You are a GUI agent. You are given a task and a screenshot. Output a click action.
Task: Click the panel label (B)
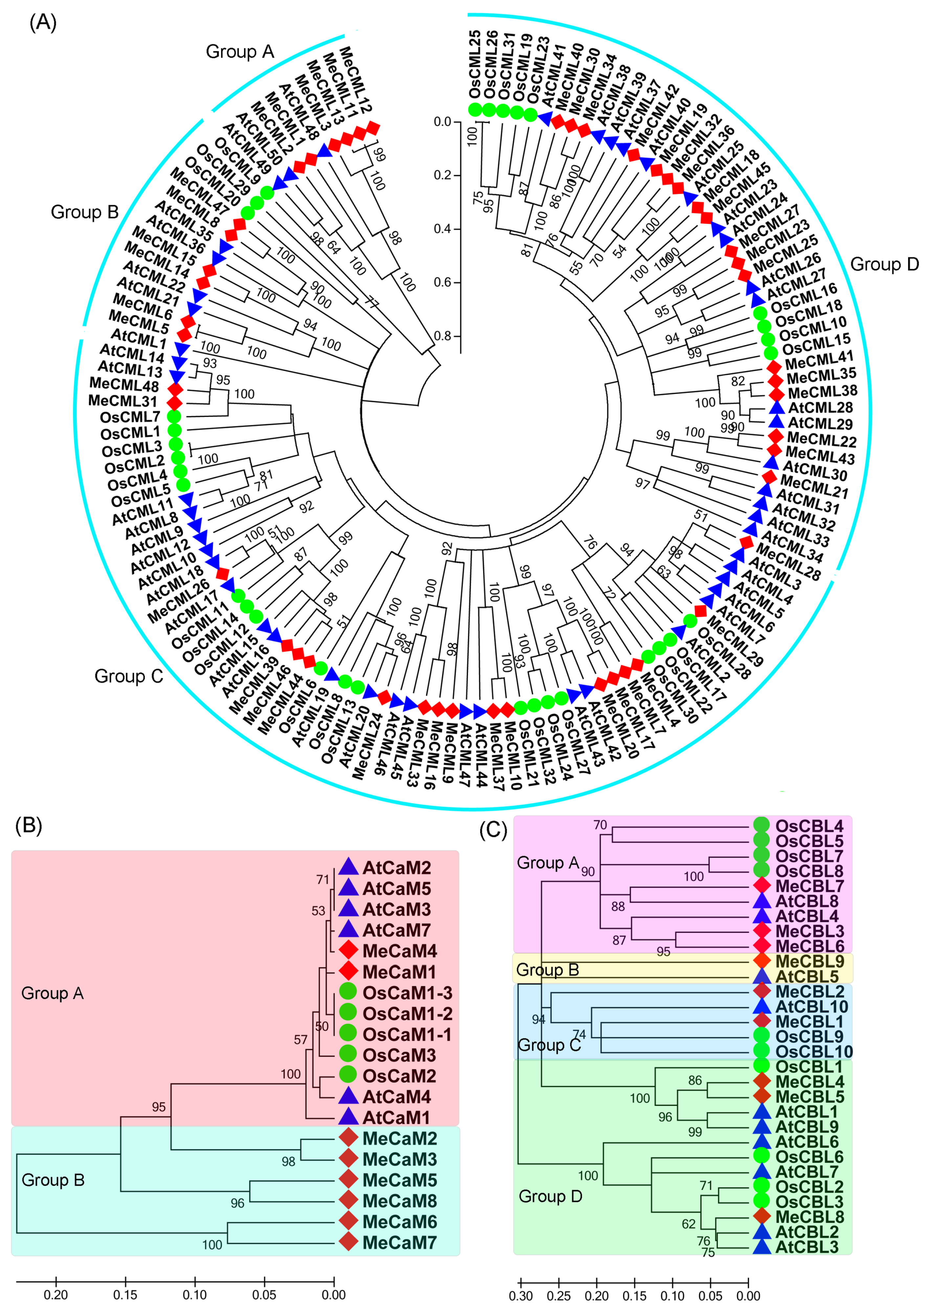[x=28, y=826]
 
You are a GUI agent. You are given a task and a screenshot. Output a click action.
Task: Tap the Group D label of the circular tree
[x=884, y=264]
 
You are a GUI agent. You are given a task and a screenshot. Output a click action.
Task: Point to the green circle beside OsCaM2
[x=348, y=1075]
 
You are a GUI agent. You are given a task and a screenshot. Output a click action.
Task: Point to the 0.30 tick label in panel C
[x=521, y=1296]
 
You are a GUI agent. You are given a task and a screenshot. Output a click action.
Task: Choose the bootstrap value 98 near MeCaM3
[x=288, y=1161]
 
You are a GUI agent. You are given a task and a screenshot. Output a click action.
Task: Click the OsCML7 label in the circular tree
[x=129, y=417]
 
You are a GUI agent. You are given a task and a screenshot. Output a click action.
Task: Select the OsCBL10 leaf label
[x=814, y=1051]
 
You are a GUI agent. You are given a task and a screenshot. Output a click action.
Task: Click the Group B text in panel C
[x=547, y=969]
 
